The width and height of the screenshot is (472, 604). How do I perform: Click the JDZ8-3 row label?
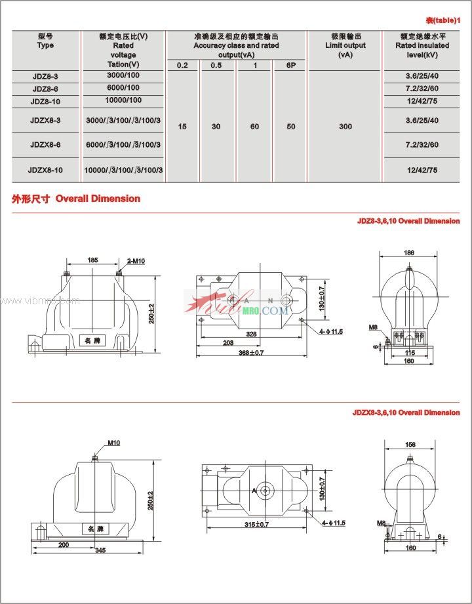click(45, 77)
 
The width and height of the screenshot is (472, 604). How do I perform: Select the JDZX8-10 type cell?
click(45, 170)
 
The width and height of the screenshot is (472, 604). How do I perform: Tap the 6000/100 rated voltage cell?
click(123, 89)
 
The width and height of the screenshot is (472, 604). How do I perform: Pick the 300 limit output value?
click(345, 126)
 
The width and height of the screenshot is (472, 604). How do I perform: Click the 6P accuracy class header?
click(290, 66)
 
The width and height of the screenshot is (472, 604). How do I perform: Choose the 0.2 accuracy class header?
click(182, 66)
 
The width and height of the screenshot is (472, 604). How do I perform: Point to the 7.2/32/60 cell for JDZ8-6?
click(422, 89)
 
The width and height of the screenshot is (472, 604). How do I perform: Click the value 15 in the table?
click(182, 126)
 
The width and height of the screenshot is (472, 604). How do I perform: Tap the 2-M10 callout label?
click(136, 261)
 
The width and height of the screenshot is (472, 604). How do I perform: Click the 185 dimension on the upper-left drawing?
click(92, 260)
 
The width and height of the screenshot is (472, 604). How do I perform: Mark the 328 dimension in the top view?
click(251, 334)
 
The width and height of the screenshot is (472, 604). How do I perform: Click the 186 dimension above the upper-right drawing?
click(408, 253)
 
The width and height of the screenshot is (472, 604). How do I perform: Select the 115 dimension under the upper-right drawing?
click(410, 353)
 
